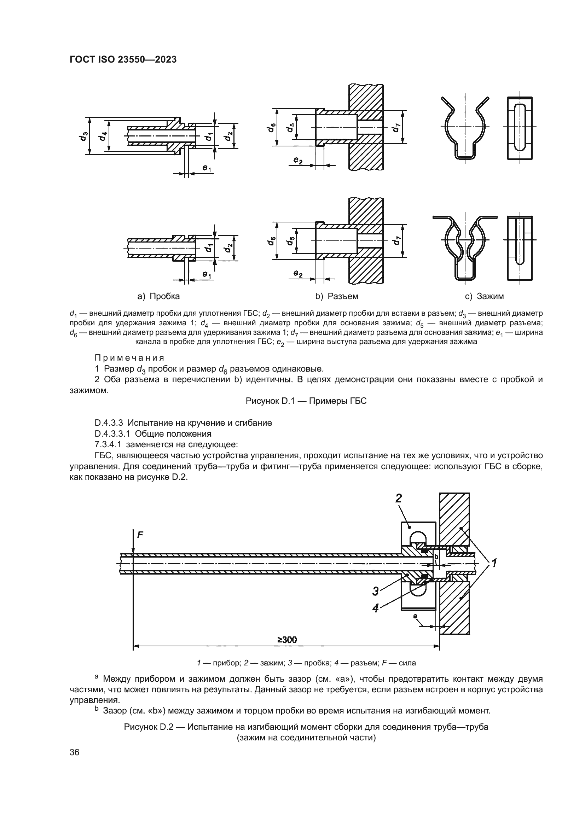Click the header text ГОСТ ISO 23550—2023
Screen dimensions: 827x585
click(x=123, y=60)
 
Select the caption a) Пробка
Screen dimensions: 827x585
click(x=158, y=296)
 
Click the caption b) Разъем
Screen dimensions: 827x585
click(x=337, y=296)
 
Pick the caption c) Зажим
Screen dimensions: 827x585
click(x=484, y=296)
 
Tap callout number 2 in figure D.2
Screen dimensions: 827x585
click(x=398, y=498)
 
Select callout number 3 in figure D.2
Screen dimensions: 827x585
click(x=376, y=591)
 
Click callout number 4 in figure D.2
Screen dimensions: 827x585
click(x=375, y=608)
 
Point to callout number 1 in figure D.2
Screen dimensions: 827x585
click(x=494, y=562)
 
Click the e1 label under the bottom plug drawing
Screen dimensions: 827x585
click(x=207, y=275)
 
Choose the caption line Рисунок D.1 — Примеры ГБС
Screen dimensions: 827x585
click(x=306, y=401)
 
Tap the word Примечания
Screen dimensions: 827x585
click(x=130, y=358)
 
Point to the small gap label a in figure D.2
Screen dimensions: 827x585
click(x=415, y=616)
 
